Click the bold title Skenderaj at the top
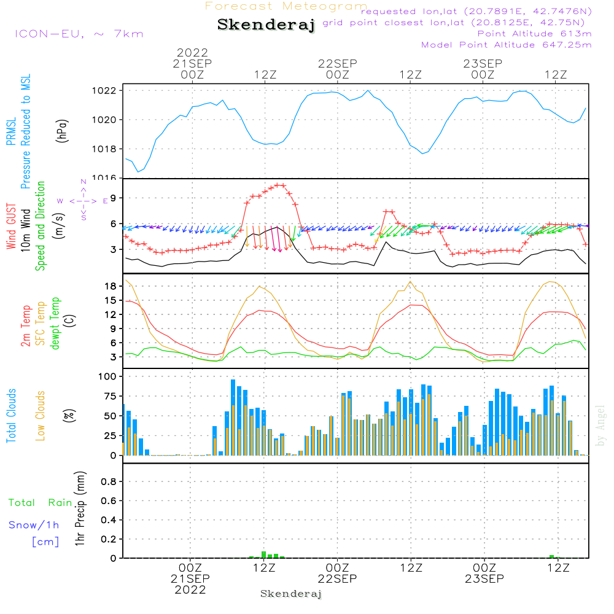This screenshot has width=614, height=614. [266, 25]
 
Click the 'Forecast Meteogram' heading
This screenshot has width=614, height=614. [286, 6]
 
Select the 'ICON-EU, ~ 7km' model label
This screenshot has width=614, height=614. [79, 34]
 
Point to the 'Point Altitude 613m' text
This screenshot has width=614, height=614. [534, 34]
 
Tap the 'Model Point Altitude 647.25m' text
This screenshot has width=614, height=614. [507, 45]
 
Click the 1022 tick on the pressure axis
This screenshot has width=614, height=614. [106, 90]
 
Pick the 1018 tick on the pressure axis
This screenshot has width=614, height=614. [106, 149]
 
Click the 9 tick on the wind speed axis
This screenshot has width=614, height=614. [114, 198]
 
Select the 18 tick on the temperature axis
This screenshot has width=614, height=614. [111, 286]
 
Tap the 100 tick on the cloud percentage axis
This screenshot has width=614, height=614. [107, 376]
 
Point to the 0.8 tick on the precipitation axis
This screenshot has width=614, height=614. [109, 482]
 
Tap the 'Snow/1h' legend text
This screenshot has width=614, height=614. [34, 525]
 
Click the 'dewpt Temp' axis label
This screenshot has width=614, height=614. [55, 324]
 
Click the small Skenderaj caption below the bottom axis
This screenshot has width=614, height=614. [291, 594]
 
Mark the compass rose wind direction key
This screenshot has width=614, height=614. [84, 200]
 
